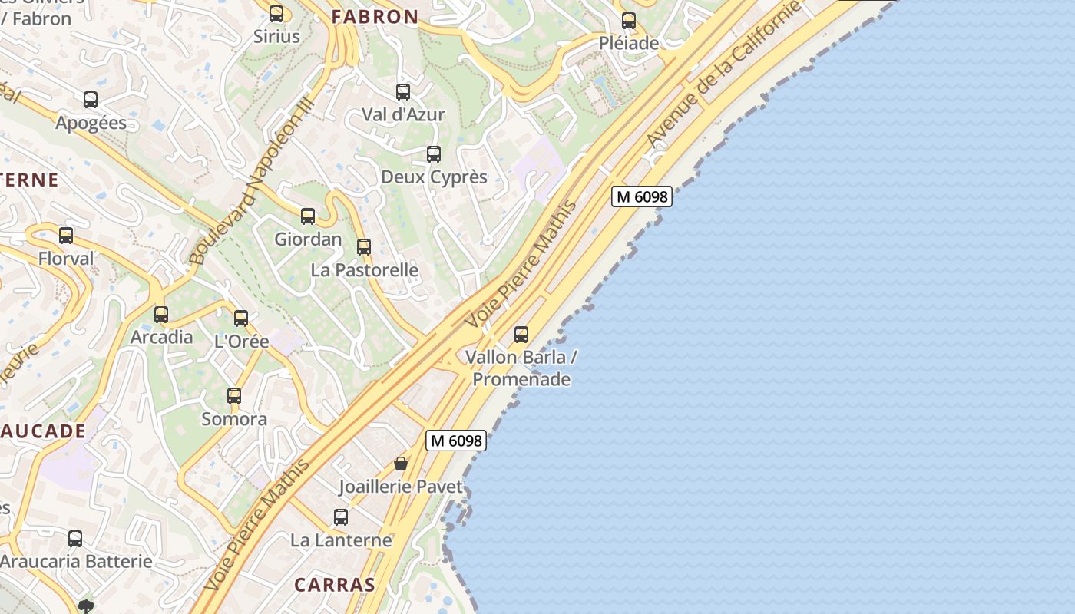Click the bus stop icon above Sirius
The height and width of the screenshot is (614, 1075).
point(276,14)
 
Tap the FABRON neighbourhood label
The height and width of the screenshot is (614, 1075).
point(375,17)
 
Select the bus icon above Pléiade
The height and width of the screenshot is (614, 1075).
point(629,21)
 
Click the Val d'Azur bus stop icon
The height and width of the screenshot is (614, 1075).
point(403,93)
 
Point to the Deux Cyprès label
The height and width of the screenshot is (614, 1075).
point(434,177)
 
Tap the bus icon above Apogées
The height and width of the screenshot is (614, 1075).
point(91,100)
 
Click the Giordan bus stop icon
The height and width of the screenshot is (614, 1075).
point(308,216)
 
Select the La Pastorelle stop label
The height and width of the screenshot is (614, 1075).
point(364,270)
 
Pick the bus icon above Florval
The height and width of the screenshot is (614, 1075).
point(66,236)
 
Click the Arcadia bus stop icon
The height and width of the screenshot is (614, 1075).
point(161,315)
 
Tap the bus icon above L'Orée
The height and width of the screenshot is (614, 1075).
point(241,319)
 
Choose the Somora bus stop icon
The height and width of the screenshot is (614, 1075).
point(234,396)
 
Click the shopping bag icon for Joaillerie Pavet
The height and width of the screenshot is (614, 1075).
point(401,464)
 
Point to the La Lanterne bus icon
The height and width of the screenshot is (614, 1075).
point(341,517)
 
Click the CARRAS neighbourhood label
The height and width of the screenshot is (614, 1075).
point(335,585)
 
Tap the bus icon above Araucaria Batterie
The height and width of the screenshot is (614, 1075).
point(75,539)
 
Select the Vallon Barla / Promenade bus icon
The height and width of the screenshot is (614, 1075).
point(521,335)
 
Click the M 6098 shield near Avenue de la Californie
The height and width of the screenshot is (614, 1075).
point(642,196)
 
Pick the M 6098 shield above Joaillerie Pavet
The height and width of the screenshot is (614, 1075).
point(456,441)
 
